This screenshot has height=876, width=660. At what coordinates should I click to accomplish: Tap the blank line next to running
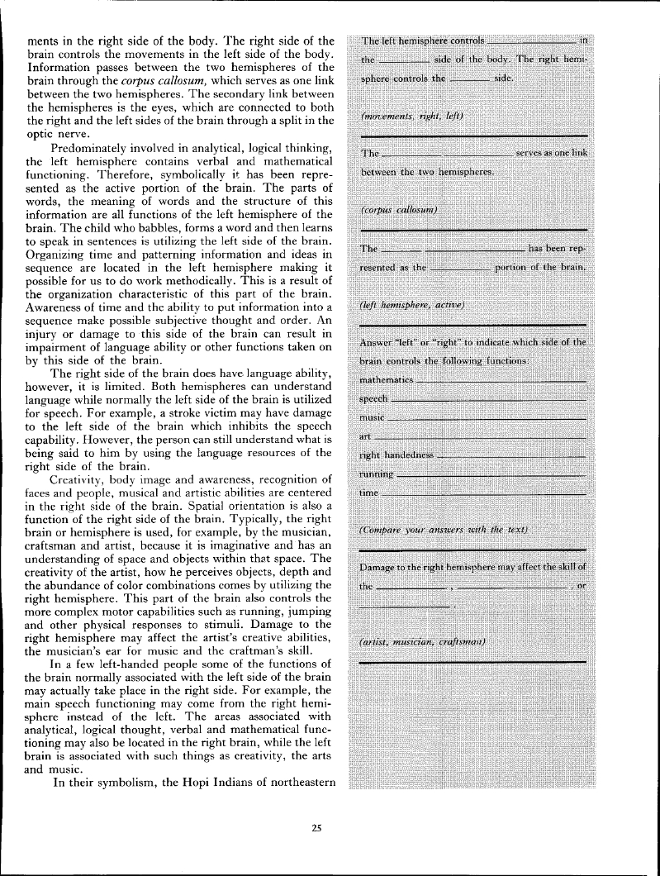point(491,475)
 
